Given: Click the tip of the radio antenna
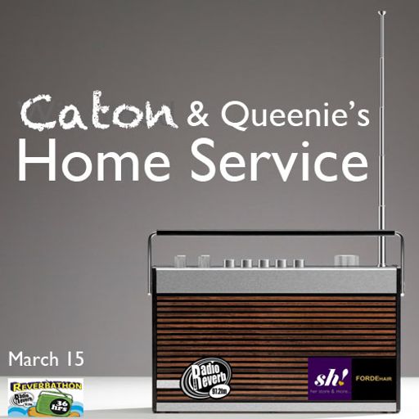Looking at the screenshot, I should (x=380, y=14).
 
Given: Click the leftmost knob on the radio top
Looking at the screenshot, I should (x=181, y=262).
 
